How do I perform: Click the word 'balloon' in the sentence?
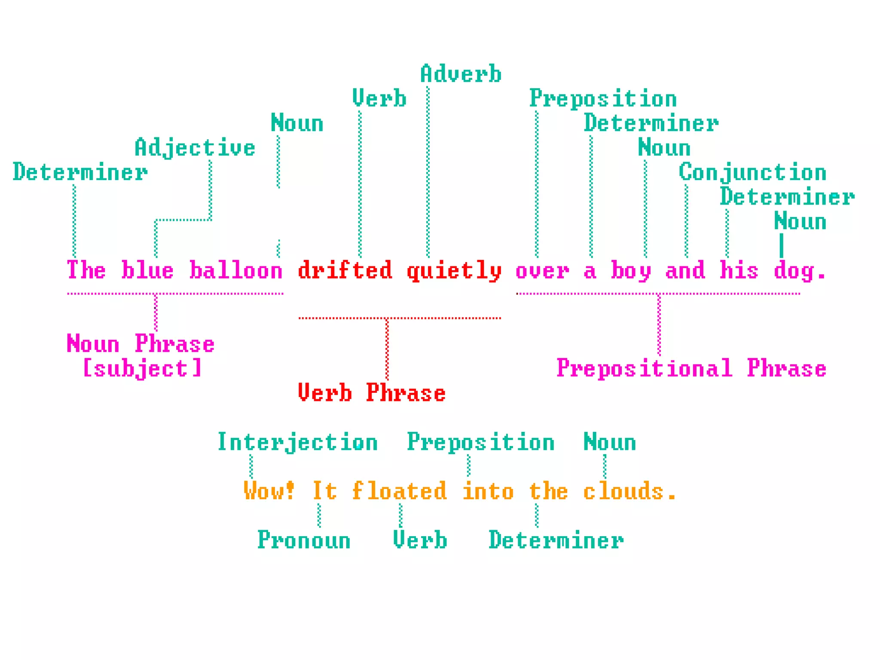click(x=235, y=271)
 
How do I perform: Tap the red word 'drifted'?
click(x=345, y=271)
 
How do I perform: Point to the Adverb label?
click(x=461, y=74)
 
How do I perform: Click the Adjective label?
click(x=195, y=148)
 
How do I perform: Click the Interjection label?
click(x=297, y=443)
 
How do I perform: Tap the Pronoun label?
click(x=304, y=541)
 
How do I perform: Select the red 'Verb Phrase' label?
click(x=372, y=393)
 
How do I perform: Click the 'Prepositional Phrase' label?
click(x=691, y=369)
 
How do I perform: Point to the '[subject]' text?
click(x=142, y=369)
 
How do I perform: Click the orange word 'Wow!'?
click(x=269, y=491)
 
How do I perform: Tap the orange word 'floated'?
click(x=399, y=491)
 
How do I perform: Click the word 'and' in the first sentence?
click(x=685, y=271)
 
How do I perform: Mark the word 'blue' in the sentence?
click(x=147, y=271)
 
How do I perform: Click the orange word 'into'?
click(x=488, y=491)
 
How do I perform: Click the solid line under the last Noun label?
click(x=781, y=245)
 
